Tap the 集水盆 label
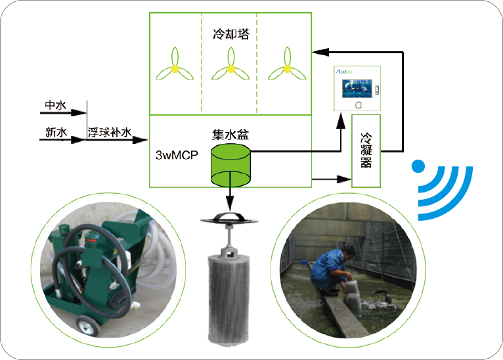230,135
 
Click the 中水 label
56,105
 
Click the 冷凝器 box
366,150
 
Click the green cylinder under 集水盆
230,165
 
